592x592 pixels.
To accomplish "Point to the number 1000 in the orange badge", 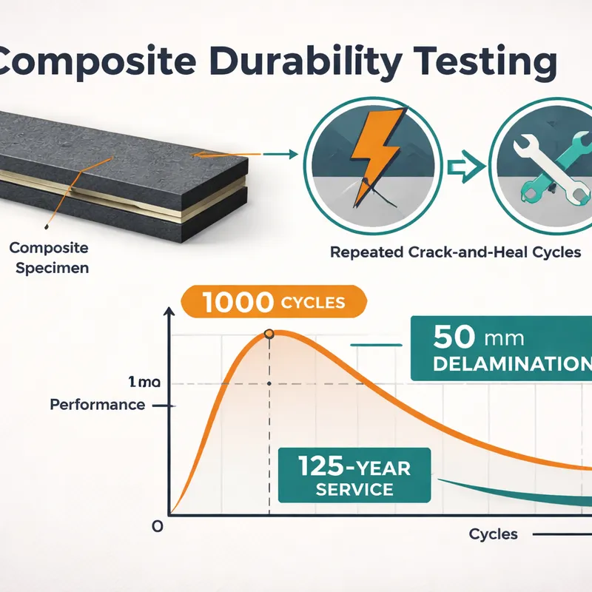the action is coord(238,303).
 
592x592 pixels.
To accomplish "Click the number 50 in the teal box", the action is coord(454,336).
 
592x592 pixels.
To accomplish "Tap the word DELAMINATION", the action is coord(512,363).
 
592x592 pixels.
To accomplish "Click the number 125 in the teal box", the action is coord(321,466).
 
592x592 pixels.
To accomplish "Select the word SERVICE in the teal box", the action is coord(354,489).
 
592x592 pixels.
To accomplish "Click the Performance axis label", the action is coord(98,405).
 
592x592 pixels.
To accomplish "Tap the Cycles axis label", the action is coord(493,534).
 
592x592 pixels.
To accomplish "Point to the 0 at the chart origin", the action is coord(158,526).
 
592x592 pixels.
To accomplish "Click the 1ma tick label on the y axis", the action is coord(144,382).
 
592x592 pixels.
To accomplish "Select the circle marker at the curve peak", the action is coord(269,334).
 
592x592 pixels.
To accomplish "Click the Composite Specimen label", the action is coord(50,258).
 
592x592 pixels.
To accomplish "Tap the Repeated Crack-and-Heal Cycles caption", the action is coord(455,252).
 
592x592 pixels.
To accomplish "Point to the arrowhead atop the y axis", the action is coord(169,311).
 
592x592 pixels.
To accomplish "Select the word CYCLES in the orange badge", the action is coord(313,303).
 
